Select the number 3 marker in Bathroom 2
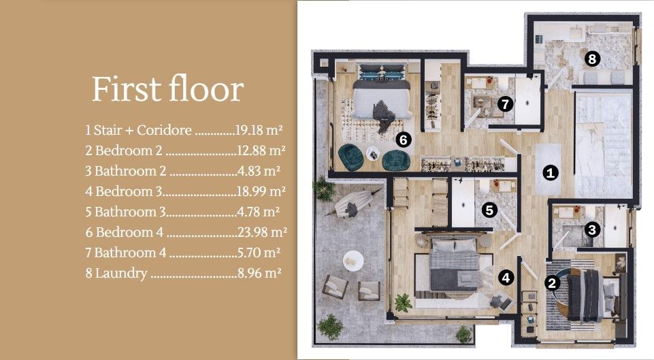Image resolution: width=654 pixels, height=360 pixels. pos(593,229)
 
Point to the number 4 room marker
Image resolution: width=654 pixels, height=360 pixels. pos(506,277)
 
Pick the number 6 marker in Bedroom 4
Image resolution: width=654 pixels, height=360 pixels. pos(404,140)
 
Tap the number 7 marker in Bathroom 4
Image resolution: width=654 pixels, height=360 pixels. pos(504,104)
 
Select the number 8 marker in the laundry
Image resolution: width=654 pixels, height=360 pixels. pos(592,59)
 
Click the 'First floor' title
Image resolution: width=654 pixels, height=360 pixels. pos(167,90)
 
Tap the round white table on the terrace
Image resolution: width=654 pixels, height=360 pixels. pos(353,259)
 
